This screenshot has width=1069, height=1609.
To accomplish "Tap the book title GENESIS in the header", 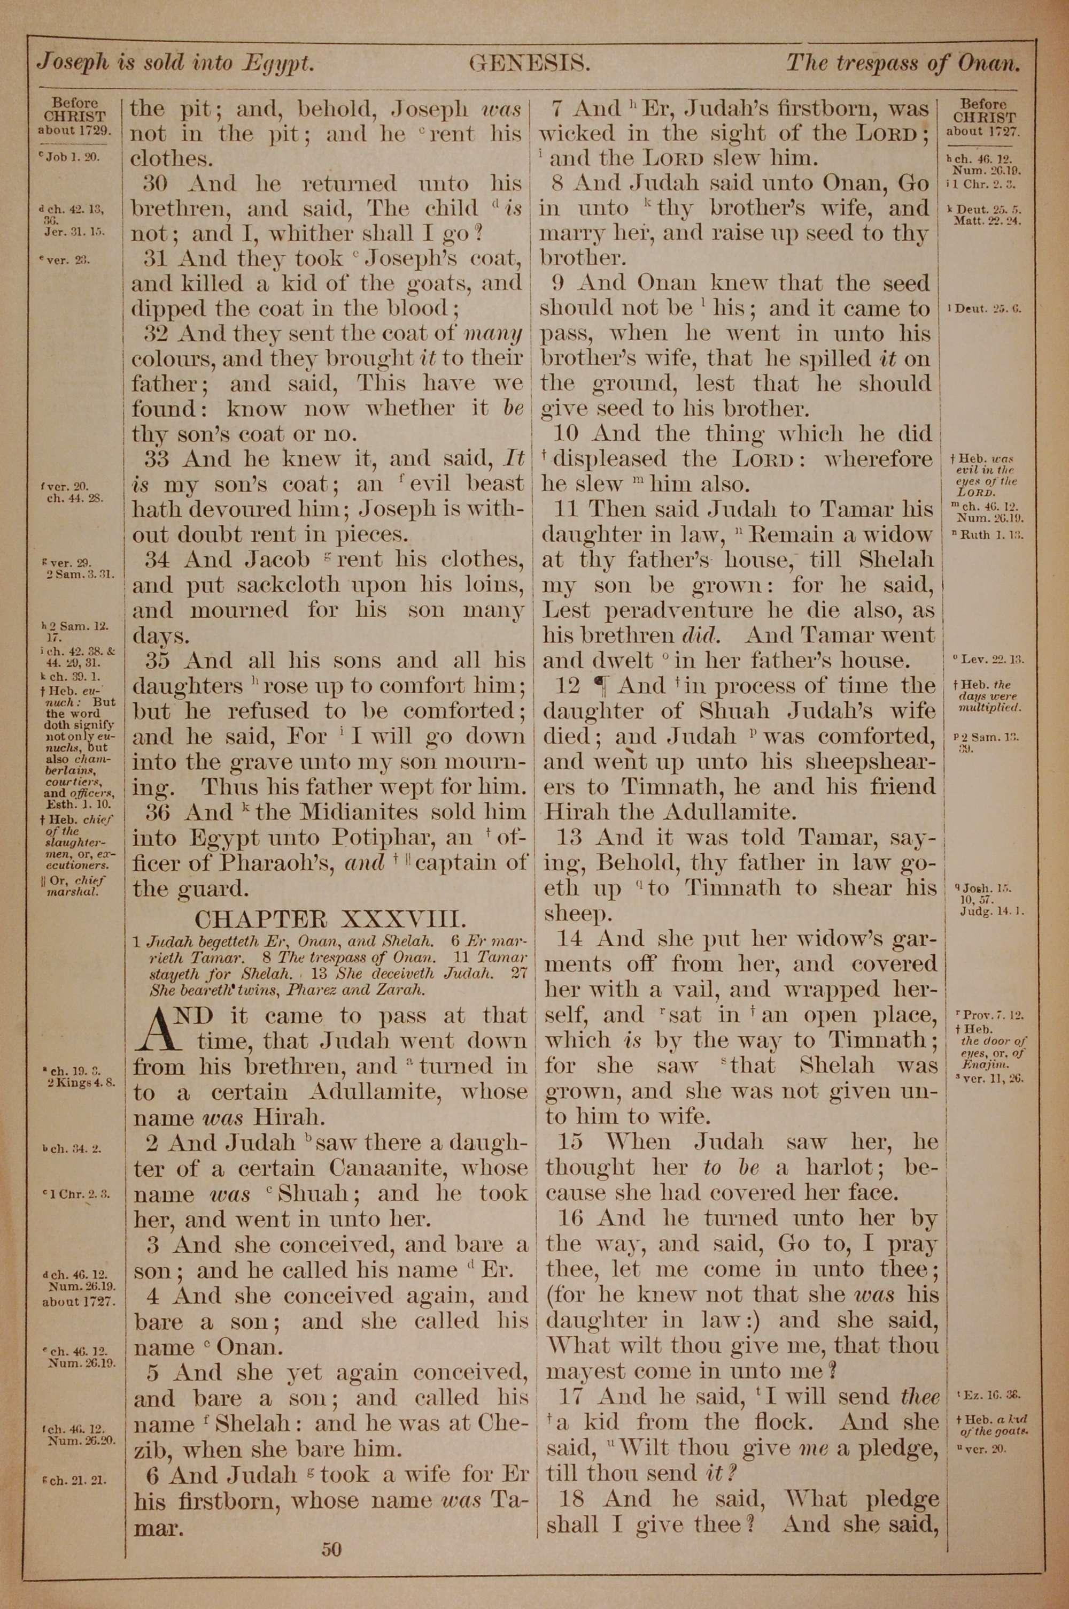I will point(529,64).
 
